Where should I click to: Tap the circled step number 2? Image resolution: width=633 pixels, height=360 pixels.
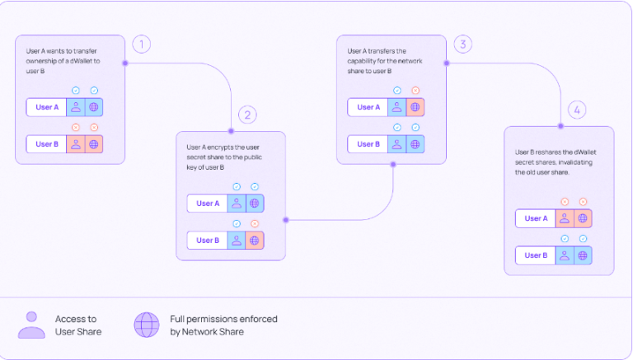247,115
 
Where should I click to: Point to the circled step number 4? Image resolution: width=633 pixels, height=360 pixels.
577,110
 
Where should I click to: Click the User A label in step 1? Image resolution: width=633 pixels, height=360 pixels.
46,107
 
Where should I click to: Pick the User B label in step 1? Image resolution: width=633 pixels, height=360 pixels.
46,143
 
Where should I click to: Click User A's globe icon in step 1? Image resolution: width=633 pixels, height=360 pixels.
94,107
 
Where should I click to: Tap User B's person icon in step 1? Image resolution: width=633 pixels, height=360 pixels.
76,143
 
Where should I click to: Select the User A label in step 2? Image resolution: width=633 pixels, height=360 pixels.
208,203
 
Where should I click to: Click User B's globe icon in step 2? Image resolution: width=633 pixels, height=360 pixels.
255,241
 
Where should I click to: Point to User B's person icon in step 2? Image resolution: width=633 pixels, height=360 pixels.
237,241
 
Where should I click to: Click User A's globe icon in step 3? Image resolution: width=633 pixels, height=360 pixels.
415,107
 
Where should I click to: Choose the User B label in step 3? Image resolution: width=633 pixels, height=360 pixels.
368,143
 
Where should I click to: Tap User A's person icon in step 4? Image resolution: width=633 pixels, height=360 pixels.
565,218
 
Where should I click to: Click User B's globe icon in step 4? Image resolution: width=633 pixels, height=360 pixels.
583,255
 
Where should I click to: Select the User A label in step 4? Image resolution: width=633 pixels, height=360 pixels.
536,218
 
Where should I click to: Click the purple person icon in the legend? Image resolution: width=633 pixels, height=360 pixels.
31,325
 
